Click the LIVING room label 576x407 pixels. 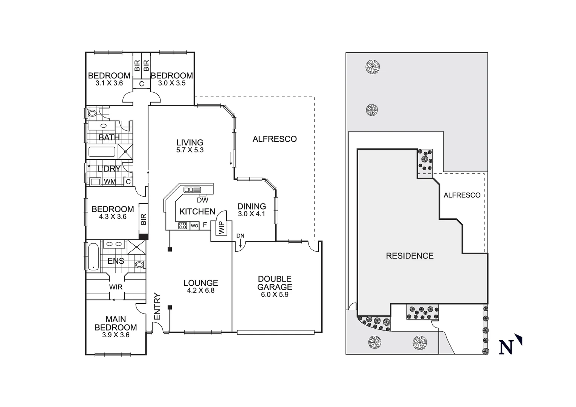pos(190,142)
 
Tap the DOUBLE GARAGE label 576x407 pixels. pos(275,283)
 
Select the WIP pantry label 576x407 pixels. pos(221,228)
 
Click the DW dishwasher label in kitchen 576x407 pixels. pos(202,200)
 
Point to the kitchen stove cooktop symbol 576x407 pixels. pos(183,226)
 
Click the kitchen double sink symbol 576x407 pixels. pos(192,190)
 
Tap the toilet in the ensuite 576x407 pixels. pos(140,264)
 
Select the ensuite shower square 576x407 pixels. pos(136,248)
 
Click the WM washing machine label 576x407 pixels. pos(110,182)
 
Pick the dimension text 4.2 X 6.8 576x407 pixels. pos(200,291)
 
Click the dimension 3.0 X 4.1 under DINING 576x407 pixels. pos(252,214)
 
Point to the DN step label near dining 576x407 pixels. pos(240,236)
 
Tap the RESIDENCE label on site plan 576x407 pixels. pos(410,256)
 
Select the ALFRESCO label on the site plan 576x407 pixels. pos(462,195)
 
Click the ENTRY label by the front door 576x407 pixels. pos(157,306)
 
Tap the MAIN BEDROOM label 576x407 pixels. pos(116,323)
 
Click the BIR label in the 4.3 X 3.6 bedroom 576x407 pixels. pos(143,219)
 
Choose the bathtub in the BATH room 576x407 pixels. pos(102,152)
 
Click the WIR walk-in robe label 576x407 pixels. pos(116,287)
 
